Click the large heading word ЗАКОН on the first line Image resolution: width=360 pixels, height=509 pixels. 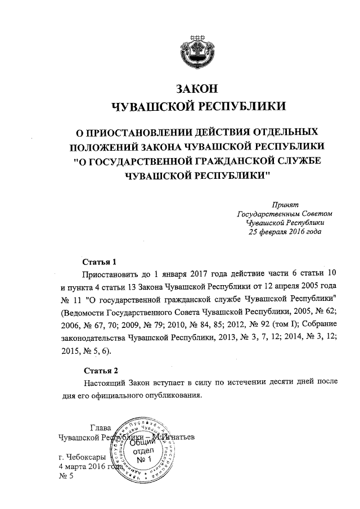tap(196, 89)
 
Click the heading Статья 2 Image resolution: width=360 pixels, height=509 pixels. tap(101, 370)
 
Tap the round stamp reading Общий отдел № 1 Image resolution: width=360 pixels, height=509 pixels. tap(145, 450)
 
